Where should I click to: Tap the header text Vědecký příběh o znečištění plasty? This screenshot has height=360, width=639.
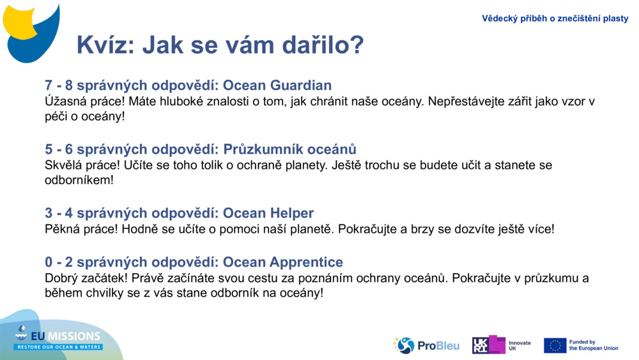point(555,19)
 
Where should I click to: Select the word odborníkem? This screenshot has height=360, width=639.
point(79,180)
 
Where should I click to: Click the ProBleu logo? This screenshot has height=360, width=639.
point(426,345)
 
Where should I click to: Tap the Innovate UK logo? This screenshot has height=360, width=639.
point(501,345)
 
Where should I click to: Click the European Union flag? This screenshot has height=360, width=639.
point(555,345)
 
